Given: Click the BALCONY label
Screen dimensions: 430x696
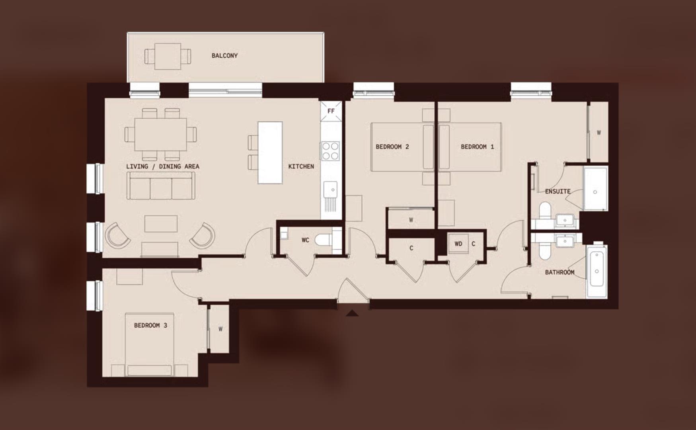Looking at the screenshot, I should point(224,56).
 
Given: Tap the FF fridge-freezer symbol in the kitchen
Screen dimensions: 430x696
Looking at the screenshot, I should point(331,111).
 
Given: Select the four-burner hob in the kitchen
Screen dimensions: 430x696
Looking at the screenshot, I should point(330,151).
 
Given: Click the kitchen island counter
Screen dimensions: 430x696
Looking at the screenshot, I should point(270,152).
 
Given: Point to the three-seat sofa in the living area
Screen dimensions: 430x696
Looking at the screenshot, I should point(161,188).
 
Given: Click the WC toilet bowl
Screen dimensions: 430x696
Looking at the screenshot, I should point(323,240).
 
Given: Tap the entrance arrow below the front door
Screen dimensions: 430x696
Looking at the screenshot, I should point(352,314).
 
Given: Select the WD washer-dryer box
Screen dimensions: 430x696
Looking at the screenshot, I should point(458,244).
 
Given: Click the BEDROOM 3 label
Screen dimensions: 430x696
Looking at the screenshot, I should point(150,325).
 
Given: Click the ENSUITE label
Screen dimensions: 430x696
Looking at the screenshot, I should point(557,192).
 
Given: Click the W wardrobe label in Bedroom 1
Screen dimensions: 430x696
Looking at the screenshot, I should point(599,133).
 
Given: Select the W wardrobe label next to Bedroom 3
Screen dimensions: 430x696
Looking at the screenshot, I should point(220,329).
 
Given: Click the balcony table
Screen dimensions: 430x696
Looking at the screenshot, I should point(168,56).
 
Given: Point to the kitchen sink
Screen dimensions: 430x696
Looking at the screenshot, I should point(330,188).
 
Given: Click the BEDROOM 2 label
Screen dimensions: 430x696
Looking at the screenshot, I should point(392,147).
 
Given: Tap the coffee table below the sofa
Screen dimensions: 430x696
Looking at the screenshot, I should point(161,223).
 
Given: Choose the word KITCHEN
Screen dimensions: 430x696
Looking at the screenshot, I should point(301,166).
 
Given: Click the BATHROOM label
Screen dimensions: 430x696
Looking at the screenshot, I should point(559,272).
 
